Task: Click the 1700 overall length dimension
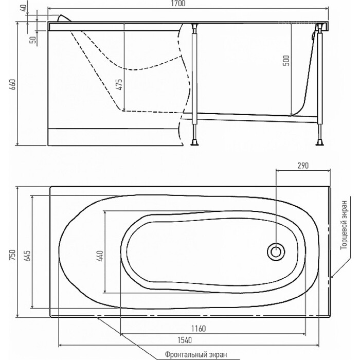[x=178, y=4]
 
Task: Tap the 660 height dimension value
[x=13, y=84]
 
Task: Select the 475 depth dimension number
[x=120, y=84]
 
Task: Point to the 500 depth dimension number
[x=286, y=61]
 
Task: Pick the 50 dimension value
[x=33, y=40]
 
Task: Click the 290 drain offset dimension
[x=303, y=166]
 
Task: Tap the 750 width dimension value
[x=12, y=255]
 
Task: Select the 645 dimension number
[x=27, y=256]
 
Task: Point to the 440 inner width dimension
[x=100, y=256]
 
